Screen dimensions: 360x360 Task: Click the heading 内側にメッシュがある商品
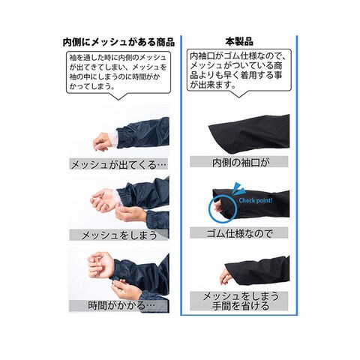click(118, 42)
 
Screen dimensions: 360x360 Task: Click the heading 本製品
click(239, 41)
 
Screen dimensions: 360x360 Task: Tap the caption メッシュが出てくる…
click(118, 165)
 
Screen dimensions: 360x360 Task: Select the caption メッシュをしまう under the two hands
click(119, 235)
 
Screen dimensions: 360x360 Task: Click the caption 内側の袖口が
click(241, 163)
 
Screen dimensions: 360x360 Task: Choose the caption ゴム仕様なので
click(239, 233)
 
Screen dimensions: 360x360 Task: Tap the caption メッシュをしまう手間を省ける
click(240, 301)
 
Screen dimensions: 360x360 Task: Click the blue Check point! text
click(256, 200)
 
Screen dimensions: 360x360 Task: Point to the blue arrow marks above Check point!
click(238, 188)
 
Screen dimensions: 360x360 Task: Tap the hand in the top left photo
click(103, 142)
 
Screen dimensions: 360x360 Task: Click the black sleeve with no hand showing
click(249, 132)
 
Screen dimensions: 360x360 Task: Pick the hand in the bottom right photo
click(226, 277)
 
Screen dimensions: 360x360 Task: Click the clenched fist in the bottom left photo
click(100, 265)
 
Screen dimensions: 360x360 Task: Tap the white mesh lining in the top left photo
click(114, 139)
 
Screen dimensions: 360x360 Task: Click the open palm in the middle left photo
click(104, 200)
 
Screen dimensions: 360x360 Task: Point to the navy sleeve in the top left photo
click(143, 133)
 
